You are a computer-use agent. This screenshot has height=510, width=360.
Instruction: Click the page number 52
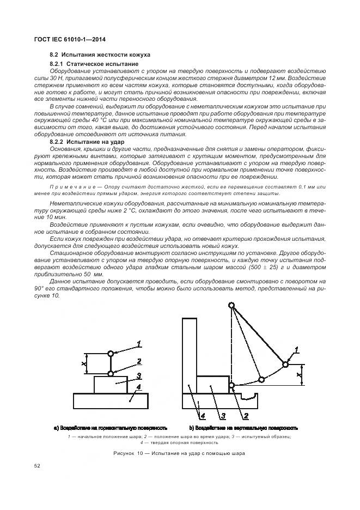point(37,466)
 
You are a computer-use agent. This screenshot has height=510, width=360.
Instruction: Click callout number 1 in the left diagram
point(139,343)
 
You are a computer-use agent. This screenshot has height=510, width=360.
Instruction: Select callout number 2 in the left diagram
point(139,361)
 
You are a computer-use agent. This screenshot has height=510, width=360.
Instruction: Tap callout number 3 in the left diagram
point(139,375)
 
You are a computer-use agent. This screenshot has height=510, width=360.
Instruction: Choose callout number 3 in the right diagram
point(223,416)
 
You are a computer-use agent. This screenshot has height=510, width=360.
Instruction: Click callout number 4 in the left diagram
point(139,387)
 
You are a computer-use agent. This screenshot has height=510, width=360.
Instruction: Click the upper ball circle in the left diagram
point(111,354)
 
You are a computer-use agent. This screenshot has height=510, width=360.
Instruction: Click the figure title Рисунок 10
point(180,453)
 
